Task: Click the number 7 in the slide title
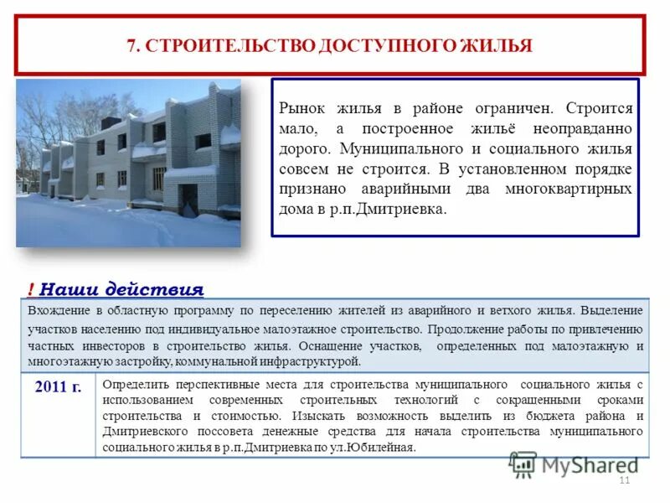pyautogui.click(x=131, y=45)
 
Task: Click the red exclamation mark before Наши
pyautogui.click(x=30, y=290)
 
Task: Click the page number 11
pyautogui.click(x=623, y=480)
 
